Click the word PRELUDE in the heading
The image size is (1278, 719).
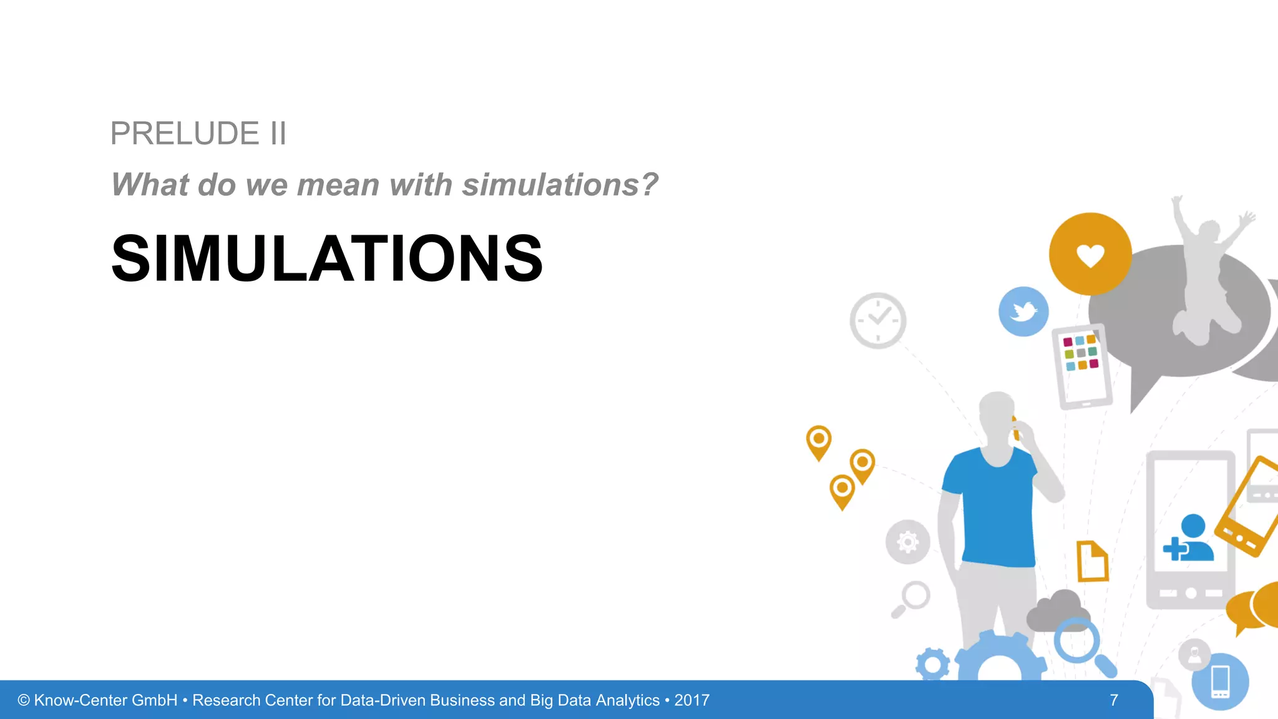click(x=185, y=134)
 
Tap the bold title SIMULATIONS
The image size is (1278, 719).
click(x=327, y=258)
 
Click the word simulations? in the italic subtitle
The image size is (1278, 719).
click(x=560, y=185)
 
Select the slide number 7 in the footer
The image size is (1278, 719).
click(x=1114, y=700)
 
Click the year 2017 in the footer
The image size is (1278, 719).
click(x=691, y=700)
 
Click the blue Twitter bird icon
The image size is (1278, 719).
click(x=1023, y=311)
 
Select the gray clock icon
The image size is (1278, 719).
click(x=878, y=320)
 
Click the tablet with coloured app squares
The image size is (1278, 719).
click(x=1082, y=366)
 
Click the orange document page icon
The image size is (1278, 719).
click(x=1092, y=561)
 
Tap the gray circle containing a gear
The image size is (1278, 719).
click(x=907, y=542)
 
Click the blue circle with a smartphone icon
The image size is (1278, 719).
click(x=1220, y=682)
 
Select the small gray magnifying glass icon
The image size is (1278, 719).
click(x=913, y=598)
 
